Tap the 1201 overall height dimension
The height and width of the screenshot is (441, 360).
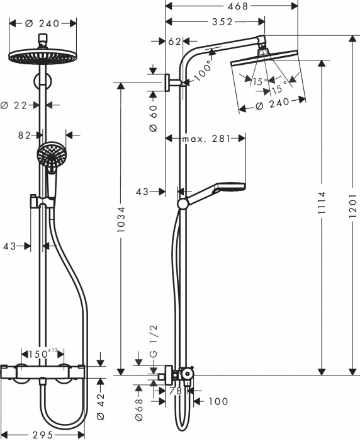coord(352,205)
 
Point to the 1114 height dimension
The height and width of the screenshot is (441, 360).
coord(322,205)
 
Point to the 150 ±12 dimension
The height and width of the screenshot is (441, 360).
coord(45,354)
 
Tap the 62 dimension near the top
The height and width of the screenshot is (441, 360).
coord(174,42)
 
